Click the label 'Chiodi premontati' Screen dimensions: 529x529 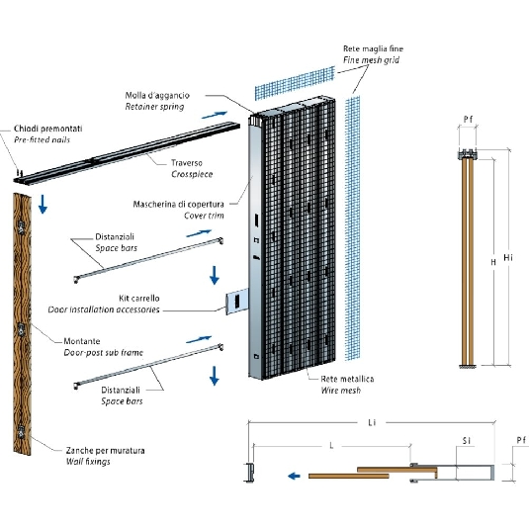coord(47,129)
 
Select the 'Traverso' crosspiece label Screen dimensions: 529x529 coord(187,163)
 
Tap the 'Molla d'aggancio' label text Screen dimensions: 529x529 coord(157,96)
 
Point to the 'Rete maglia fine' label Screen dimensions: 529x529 coord(373,48)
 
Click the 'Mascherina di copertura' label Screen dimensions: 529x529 coord(178,204)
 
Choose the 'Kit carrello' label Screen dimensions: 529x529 coord(139,299)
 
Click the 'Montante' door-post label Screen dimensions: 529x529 coord(82,341)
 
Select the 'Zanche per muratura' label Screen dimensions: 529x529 coord(105,451)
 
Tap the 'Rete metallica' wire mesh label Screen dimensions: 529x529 coord(347,379)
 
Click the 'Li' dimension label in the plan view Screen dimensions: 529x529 coord(372,422)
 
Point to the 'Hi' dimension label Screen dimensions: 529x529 coord(508,257)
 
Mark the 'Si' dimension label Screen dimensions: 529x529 coord(467,441)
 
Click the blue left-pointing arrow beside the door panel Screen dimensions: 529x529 coord(294,476)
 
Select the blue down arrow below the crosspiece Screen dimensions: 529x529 coord(43,204)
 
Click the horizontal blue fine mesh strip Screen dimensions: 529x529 coord(295,83)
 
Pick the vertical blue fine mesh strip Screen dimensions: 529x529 coord(353,228)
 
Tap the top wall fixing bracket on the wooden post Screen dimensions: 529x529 coord(21,227)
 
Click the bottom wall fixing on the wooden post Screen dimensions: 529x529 coord(21,431)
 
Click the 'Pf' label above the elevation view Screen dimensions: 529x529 coord(468,119)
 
